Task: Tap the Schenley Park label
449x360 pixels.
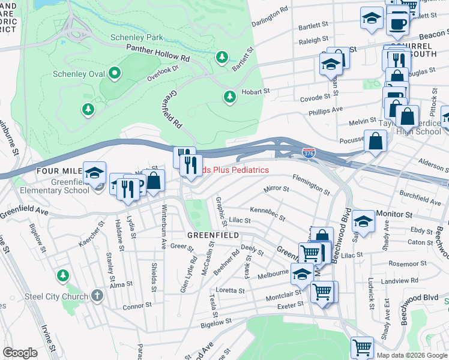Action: pos(136,37)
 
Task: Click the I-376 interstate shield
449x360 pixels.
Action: pos(309,154)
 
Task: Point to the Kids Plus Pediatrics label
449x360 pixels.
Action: pos(234,170)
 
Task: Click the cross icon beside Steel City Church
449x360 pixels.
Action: pos(98,296)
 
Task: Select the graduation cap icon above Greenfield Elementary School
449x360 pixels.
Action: pos(94,173)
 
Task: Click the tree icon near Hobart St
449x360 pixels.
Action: pos(229,97)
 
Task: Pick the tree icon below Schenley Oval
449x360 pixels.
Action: pos(88,109)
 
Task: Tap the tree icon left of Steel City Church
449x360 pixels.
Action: pos(62,275)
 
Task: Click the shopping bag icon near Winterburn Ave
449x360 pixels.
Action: pos(154,181)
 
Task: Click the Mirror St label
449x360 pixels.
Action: pos(277,189)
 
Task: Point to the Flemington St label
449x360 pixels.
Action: pos(310,184)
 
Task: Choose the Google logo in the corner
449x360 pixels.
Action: pos(20,353)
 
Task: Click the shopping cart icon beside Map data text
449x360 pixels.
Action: pos(362,347)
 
